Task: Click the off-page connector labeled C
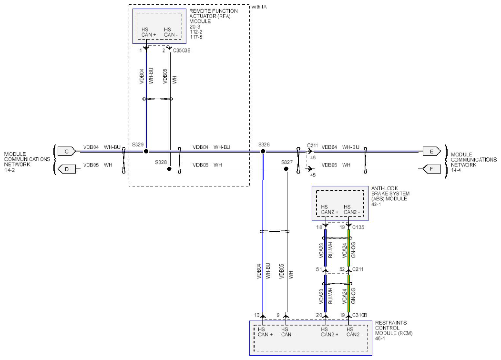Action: point(66,151)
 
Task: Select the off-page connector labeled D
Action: point(67,169)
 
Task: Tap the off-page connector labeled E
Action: point(431,151)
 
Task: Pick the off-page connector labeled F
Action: point(431,169)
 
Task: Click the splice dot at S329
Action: point(146,151)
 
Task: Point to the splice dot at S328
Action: point(169,169)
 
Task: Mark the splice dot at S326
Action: point(263,151)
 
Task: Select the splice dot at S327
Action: point(286,169)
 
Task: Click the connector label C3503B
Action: point(182,51)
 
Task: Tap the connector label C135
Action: point(358,227)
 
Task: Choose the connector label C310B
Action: point(359,315)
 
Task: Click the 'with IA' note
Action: point(259,7)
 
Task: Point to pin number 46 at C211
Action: point(313,158)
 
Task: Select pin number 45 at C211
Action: point(313,175)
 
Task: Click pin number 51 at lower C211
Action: point(319,269)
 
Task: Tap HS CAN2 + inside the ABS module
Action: point(329,209)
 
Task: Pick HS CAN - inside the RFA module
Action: point(171,32)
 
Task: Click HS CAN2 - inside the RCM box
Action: point(354,332)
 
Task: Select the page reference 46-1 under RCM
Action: point(380,338)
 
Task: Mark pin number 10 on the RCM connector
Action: point(256,315)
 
